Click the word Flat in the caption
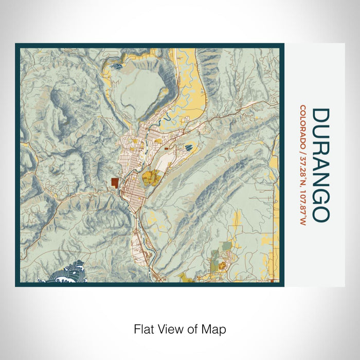pos(144,329)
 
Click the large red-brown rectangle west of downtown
pos(114,183)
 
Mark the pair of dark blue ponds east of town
pos(189,148)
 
